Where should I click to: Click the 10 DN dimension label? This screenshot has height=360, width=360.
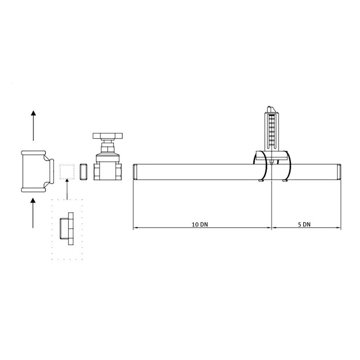pyautogui.click(x=200, y=224)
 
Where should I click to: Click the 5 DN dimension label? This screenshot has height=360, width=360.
pyautogui.click(x=304, y=224)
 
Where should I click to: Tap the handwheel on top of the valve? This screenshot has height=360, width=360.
pyautogui.click(x=108, y=136)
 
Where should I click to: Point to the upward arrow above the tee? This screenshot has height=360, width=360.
pyautogui.click(x=33, y=126)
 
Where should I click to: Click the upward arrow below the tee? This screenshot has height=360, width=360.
pyautogui.click(x=33, y=213)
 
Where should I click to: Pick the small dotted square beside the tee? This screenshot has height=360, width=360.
pyautogui.click(x=67, y=172)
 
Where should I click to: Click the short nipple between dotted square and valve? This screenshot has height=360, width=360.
pyautogui.click(x=83, y=171)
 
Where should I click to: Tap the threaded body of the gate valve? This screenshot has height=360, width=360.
pyautogui.click(x=108, y=171)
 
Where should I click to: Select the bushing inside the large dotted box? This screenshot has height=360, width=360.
pyautogui.click(x=67, y=229)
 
